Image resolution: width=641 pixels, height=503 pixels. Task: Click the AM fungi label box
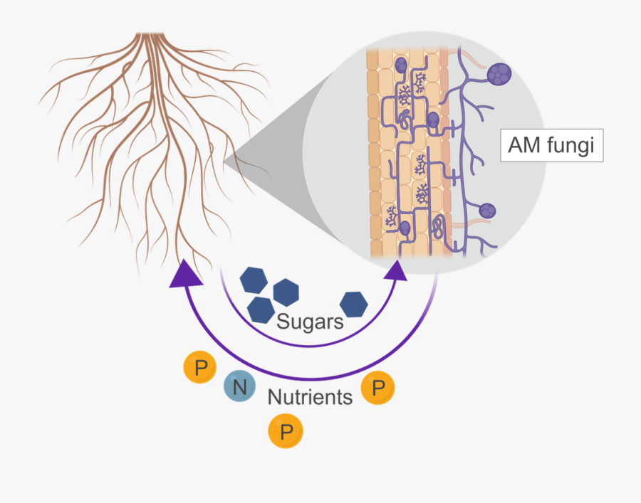[551, 146]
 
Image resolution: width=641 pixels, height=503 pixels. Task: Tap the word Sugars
[310, 322]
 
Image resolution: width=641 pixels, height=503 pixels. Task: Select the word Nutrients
[310, 397]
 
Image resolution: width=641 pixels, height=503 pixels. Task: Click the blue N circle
[239, 387]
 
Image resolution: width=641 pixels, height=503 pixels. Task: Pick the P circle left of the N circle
[201, 368]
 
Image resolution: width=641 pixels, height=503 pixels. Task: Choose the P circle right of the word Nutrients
[378, 388]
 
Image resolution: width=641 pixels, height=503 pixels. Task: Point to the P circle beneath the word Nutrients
[286, 432]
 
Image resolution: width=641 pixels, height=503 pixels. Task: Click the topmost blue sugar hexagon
[253, 280]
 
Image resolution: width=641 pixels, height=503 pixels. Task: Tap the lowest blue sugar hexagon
[261, 309]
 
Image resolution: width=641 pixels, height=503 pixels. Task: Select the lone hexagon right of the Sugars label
[353, 304]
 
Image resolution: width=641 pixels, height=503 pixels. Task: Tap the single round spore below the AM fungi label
[487, 211]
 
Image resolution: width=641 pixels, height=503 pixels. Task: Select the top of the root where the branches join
[150, 36]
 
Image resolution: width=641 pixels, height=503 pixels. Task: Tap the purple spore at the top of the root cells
[402, 65]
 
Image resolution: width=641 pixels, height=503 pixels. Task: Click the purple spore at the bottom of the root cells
[405, 228]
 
